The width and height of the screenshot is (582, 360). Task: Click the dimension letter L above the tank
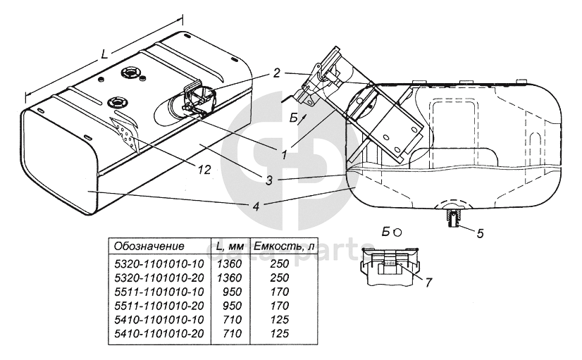(x=104, y=54)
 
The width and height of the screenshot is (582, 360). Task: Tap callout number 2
(x=277, y=72)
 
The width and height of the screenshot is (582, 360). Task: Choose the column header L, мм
(x=230, y=247)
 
